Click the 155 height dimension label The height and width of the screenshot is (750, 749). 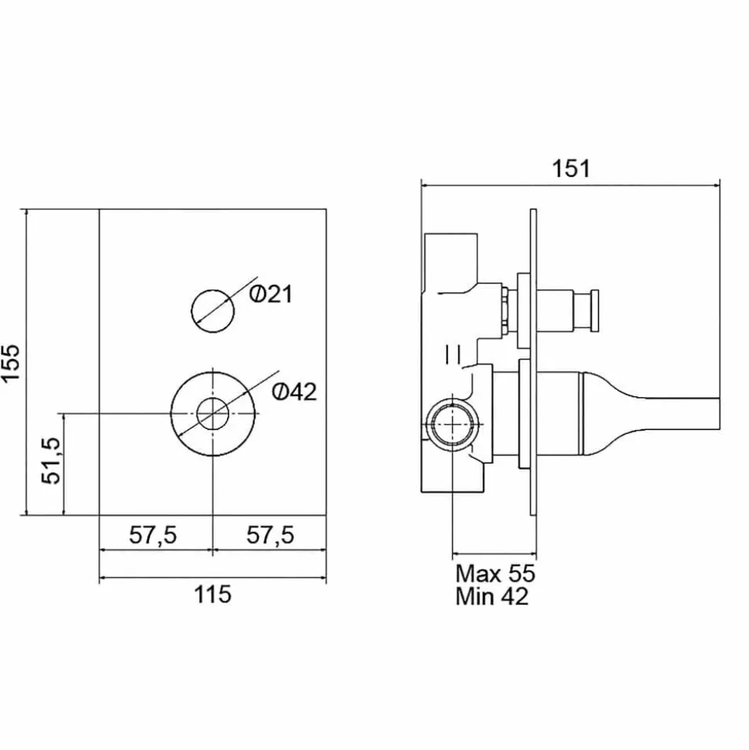click(x=11, y=362)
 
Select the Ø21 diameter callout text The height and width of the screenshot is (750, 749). click(x=270, y=294)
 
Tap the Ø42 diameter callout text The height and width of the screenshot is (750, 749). click(x=294, y=392)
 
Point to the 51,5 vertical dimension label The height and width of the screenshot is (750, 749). click(x=51, y=460)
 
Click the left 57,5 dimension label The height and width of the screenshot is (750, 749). click(x=153, y=535)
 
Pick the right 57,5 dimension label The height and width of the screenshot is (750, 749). click(x=270, y=535)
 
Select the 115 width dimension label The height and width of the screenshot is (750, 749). click(x=212, y=595)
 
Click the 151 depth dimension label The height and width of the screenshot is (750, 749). click(x=571, y=168)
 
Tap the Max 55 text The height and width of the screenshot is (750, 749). click(x=495, y=573)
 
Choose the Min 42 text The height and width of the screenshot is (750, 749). click(x=492, y=596)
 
